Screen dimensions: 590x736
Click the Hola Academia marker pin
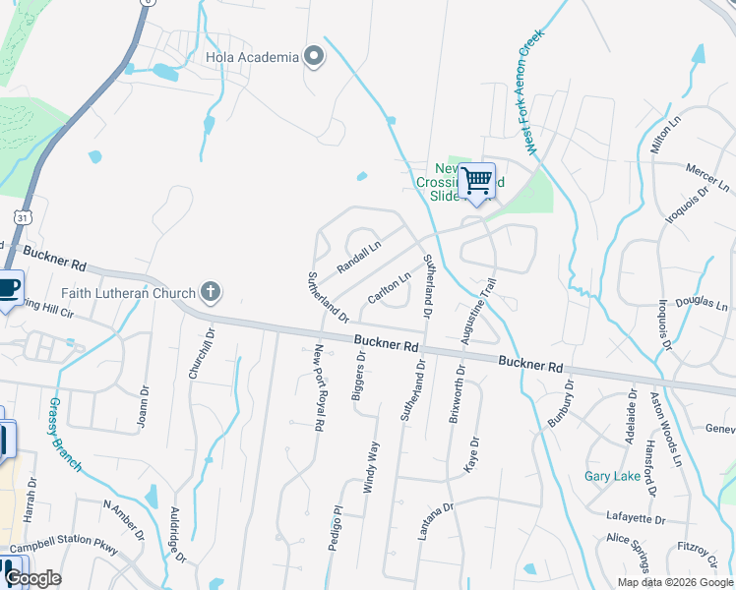(x=314, y=56)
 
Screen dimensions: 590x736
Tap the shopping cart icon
(x=476, y=181)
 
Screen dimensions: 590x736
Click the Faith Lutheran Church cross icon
(x=209, y=291)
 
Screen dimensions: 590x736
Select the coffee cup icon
(x=8, y=288)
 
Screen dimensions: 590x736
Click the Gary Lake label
(x=612, y=476)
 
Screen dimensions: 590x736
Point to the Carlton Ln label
(x=388, y=287)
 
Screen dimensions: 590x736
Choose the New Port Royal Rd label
(x=318, y=389)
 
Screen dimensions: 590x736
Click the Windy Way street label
(x=372, y=466)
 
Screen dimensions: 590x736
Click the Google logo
(x=33, y=578)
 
